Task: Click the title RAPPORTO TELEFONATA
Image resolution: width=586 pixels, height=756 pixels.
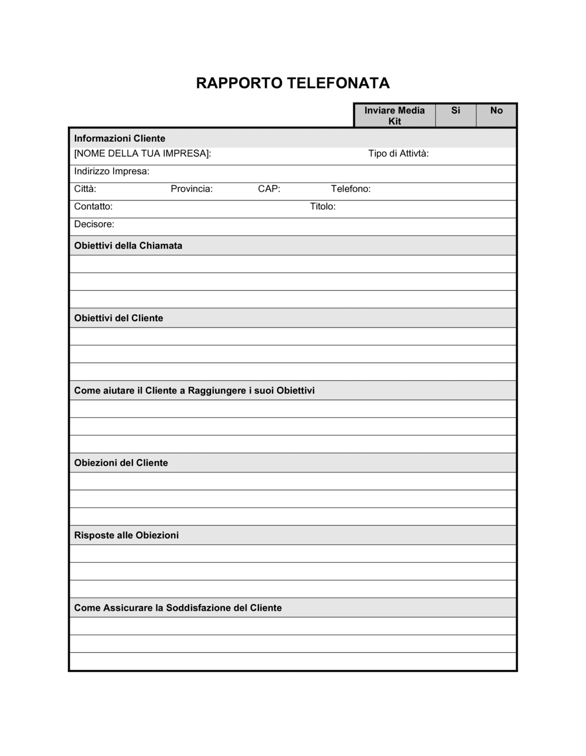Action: point(292,83)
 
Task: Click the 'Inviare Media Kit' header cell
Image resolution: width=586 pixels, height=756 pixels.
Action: point(394,115)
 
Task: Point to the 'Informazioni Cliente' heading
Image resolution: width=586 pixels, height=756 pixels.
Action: point(120,138)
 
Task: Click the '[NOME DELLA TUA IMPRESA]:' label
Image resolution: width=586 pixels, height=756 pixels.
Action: point(142,154)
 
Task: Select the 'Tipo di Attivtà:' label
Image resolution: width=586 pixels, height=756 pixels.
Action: point(398,154)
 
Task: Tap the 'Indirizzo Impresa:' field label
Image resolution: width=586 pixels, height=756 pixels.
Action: point(111,171)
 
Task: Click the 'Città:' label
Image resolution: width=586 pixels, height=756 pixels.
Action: point(85,189)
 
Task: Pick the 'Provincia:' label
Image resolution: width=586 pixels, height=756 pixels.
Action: point(192,189)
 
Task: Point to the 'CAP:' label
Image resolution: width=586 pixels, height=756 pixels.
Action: point(269,189)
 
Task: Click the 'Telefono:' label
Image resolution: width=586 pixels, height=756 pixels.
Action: point(350,189)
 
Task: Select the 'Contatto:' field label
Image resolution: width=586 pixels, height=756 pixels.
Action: point(93,206)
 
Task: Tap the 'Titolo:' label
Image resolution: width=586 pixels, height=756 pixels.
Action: point(322,206)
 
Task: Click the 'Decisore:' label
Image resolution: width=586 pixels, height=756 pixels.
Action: point(94,224)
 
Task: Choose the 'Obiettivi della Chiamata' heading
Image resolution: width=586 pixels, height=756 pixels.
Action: point(128,246)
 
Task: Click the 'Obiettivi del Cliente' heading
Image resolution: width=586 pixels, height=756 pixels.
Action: point(118,318)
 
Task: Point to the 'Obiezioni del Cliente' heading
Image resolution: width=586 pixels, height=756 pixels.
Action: point(121,463)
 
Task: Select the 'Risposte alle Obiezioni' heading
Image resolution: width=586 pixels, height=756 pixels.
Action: point(126,535)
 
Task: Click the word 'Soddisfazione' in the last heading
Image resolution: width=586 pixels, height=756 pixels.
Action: point(198,608)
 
